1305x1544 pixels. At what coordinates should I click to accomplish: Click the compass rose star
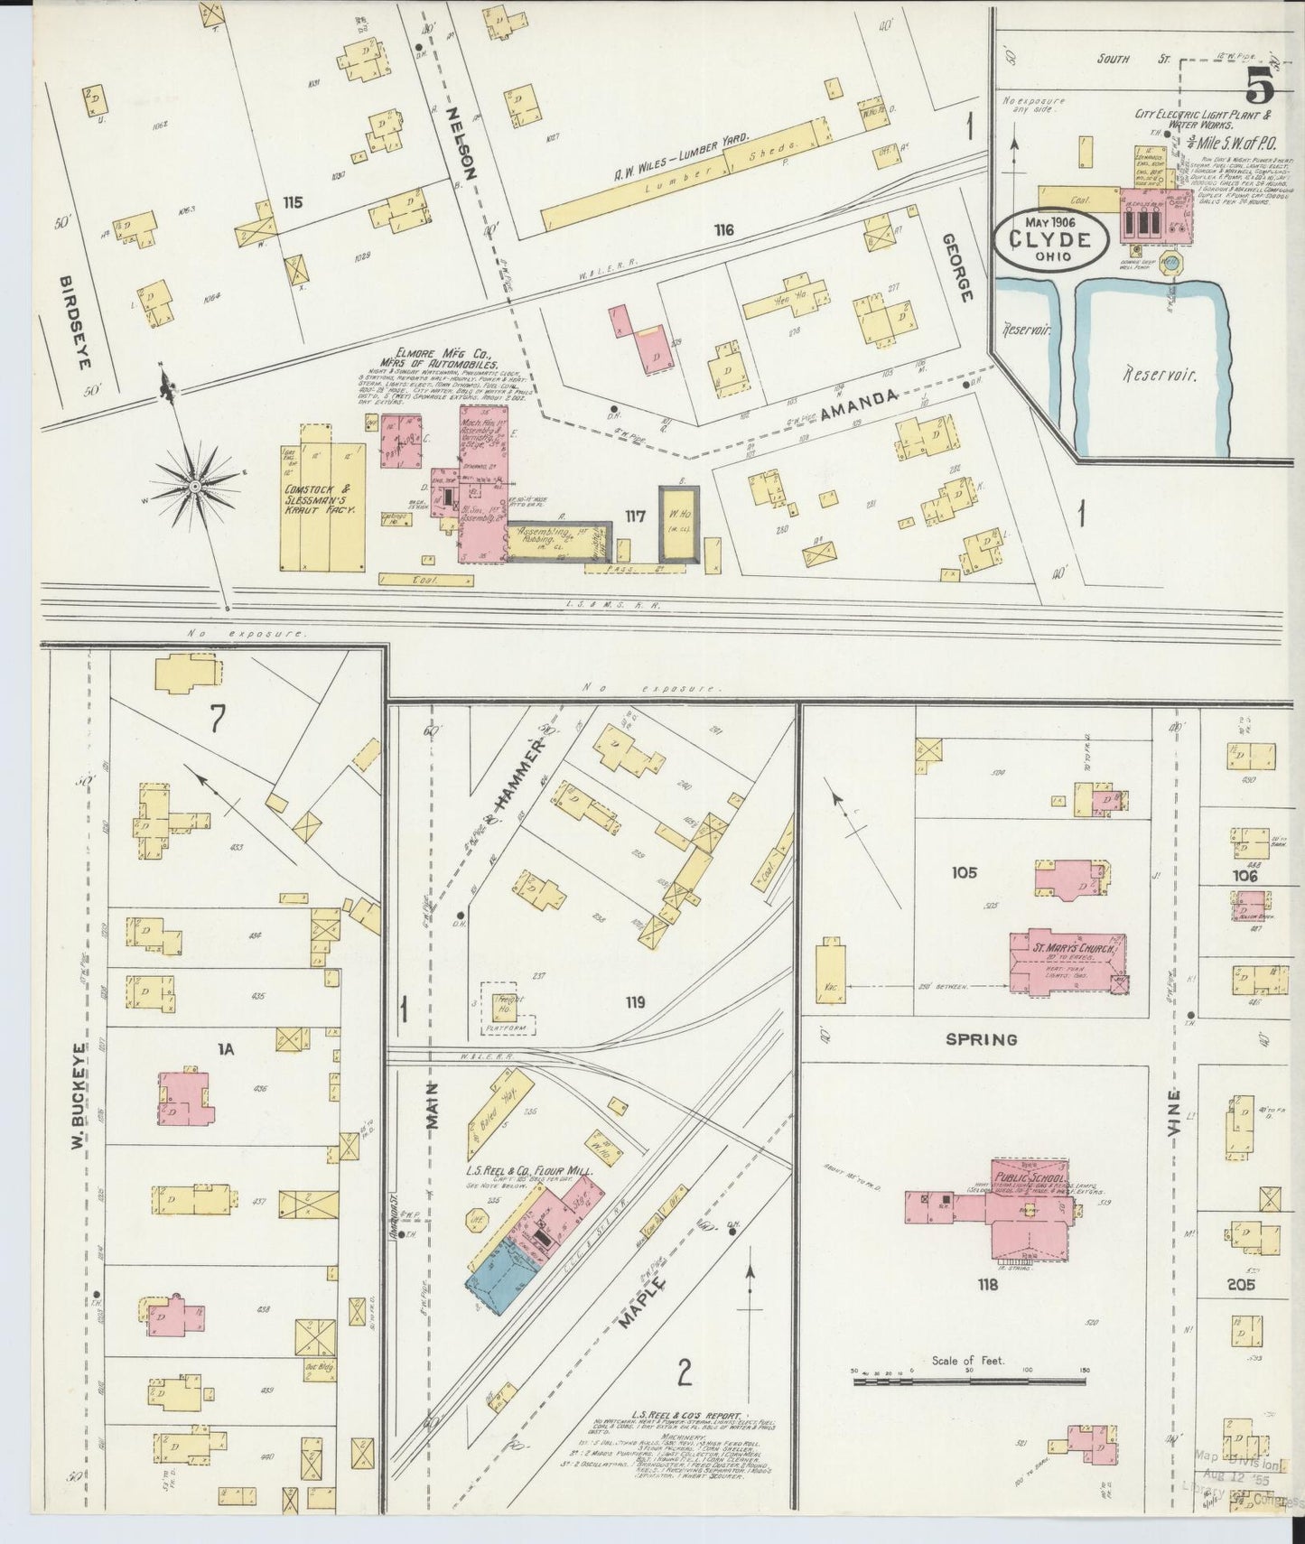coord(195,488)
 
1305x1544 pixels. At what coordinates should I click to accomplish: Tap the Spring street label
coord(981,1039)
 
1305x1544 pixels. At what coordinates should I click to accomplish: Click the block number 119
coord(635,1001)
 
